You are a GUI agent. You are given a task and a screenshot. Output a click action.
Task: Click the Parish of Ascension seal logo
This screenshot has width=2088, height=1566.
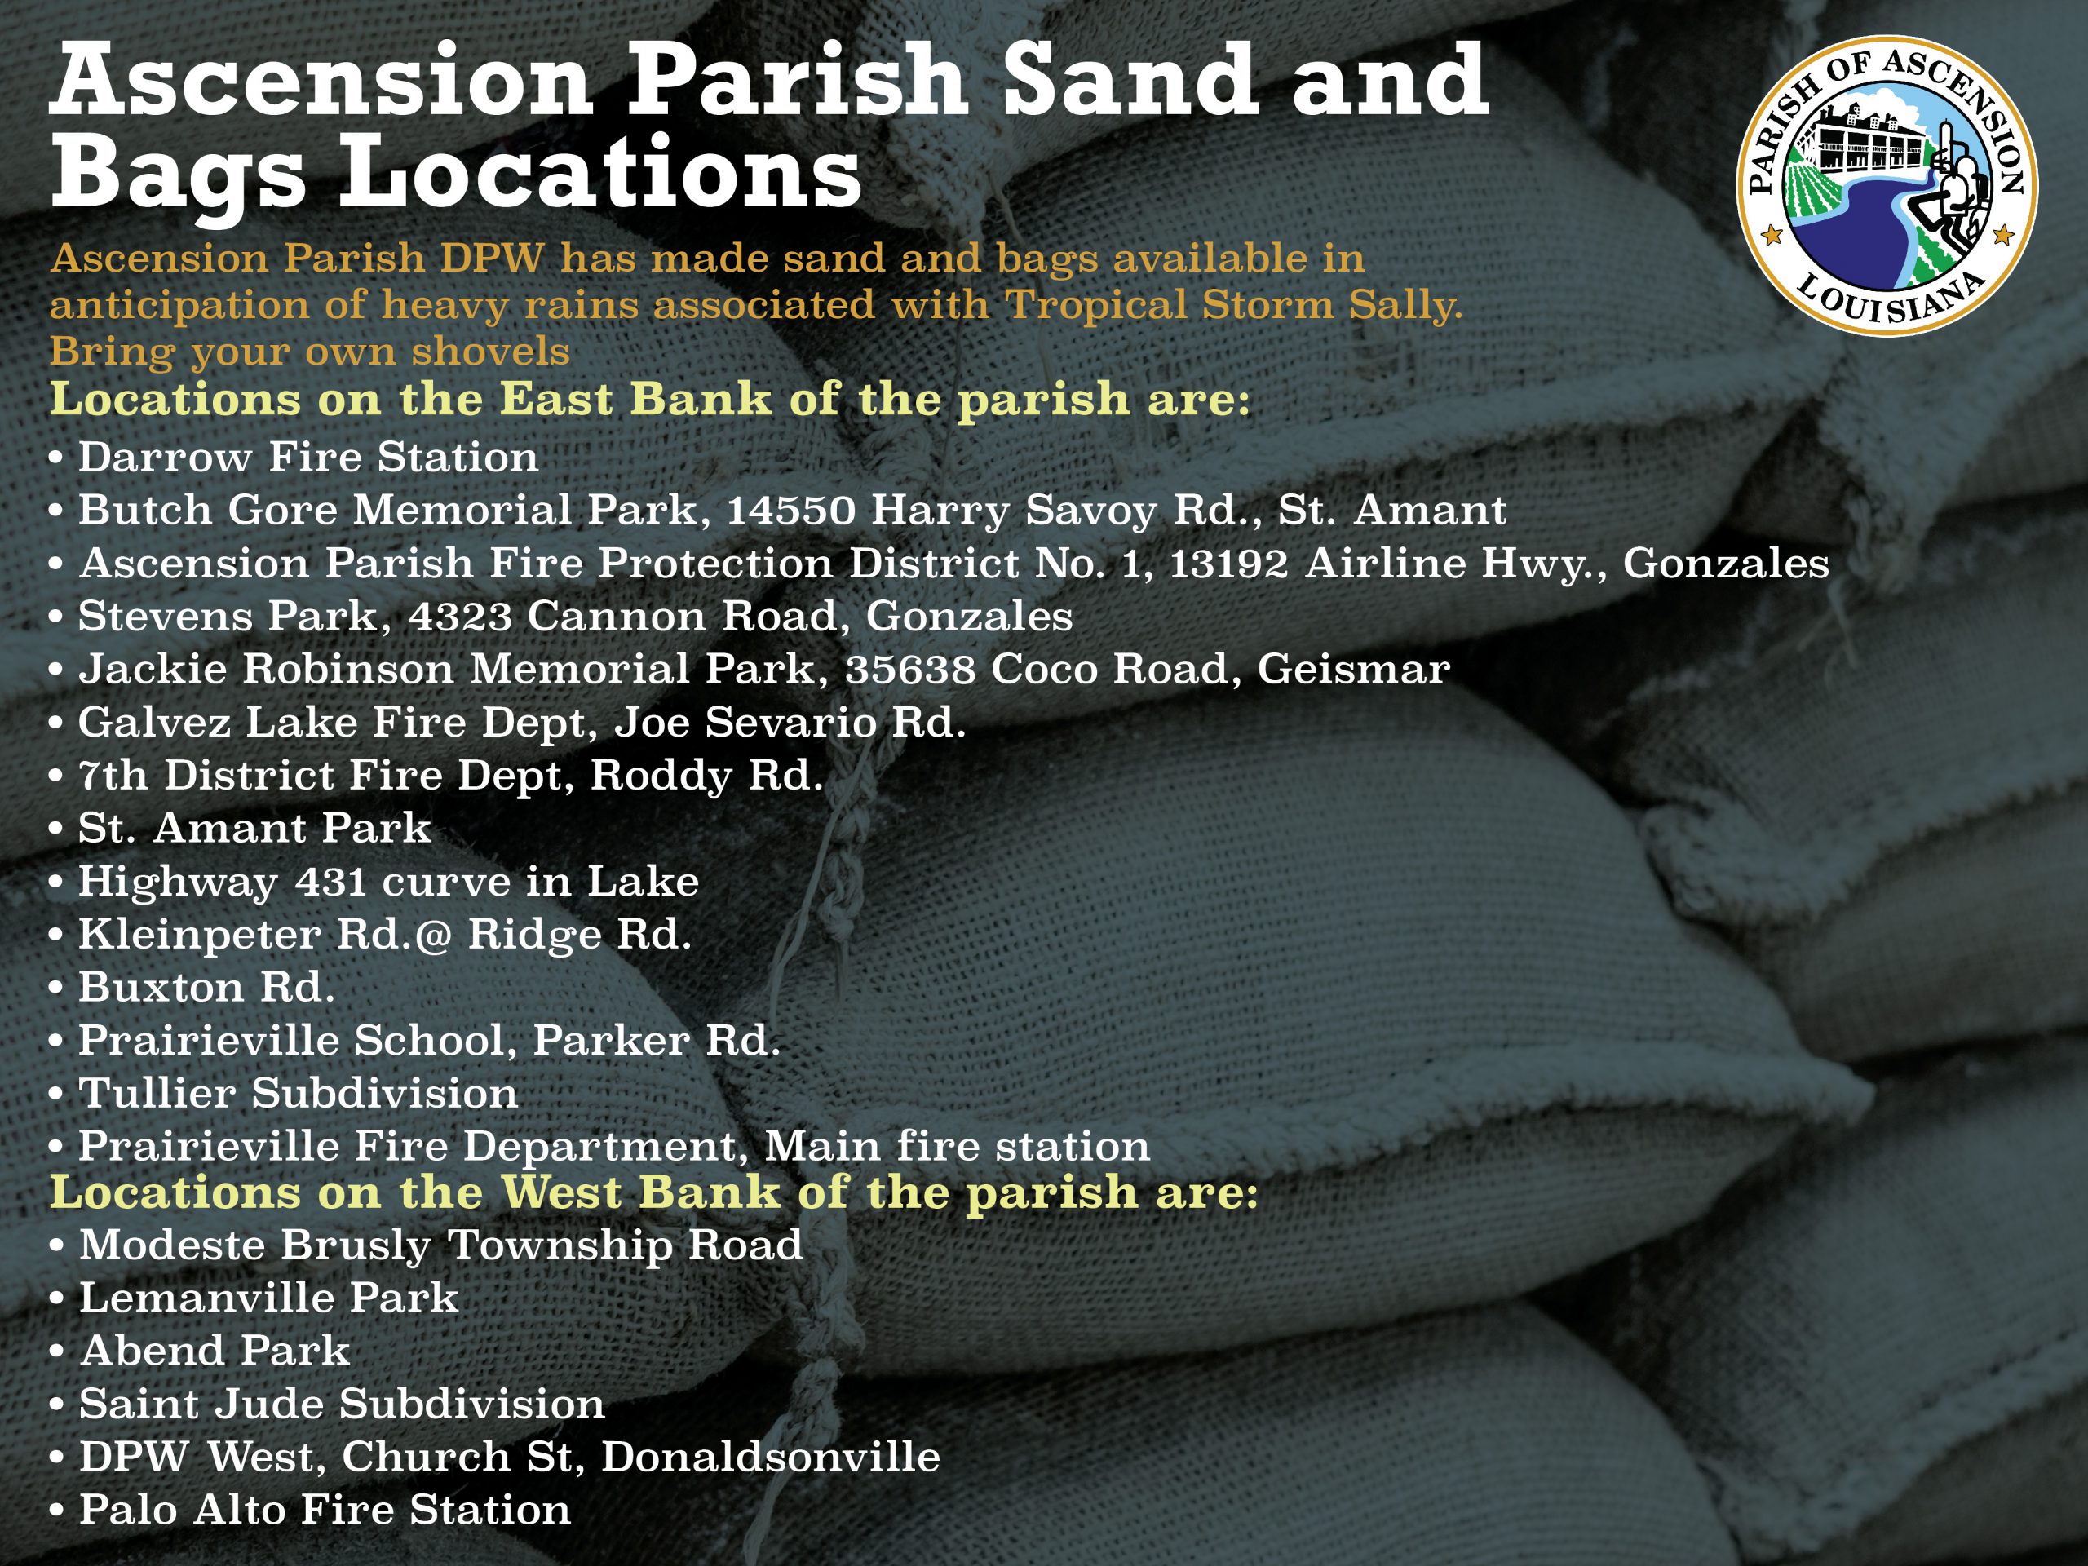[x=1887, y=187]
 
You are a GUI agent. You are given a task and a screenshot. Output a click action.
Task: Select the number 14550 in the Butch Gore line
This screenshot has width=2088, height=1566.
[x=790, y=511]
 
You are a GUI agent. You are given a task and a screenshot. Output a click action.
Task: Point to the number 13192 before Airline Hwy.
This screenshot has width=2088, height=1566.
[x=1229, y=564]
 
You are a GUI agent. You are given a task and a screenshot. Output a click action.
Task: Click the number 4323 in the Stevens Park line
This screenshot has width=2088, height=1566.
[x=460, y=617]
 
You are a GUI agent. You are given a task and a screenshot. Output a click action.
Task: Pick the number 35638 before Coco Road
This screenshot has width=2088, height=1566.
[x=910, y=670]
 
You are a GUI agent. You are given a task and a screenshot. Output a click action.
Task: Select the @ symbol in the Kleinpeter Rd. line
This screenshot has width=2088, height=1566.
[x=434, y=936]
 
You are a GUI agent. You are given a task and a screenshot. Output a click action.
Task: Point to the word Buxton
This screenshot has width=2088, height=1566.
[x=161, y=988]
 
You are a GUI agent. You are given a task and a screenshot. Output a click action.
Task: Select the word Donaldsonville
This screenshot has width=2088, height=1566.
[x=770, y=1457]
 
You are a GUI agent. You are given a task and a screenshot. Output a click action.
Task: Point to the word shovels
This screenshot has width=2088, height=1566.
[x=490, y=352]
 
